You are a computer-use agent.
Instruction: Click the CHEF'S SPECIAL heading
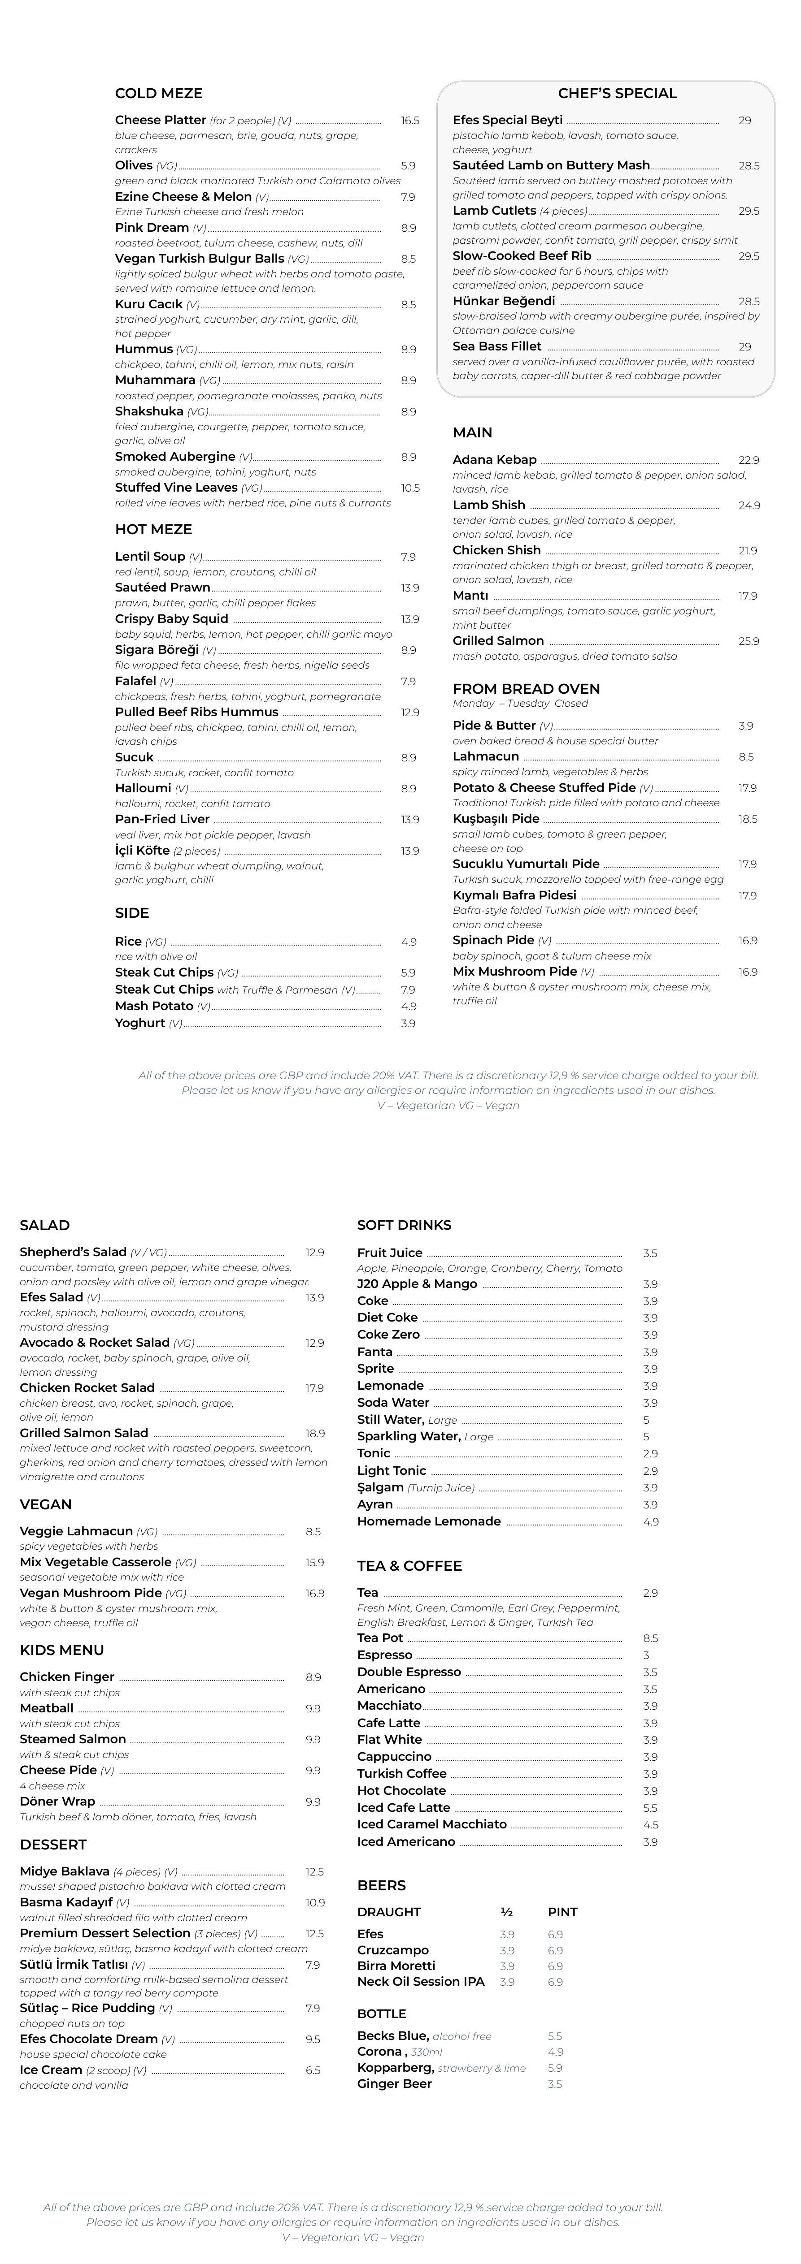[x=617, y=93]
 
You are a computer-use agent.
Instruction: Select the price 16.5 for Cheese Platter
[x=410, y=121]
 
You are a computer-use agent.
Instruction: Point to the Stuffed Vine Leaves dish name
[x=176, y=488]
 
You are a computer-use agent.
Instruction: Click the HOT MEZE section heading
[x=153, y=529]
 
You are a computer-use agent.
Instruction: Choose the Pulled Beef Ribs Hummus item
[x=196, y=712]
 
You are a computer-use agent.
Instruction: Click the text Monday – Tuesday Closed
[x=520, y=703]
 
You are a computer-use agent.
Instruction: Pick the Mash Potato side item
[x=154, y=1007]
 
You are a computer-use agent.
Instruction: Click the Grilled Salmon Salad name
[x=83, y=1433]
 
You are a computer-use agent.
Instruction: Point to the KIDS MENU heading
[x=61, y=1650]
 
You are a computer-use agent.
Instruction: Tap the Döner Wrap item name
[x=57, y=1801]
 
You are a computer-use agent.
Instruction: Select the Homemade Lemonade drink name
[x=428, y=1521]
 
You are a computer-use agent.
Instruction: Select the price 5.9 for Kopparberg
[x=555, y=2068]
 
